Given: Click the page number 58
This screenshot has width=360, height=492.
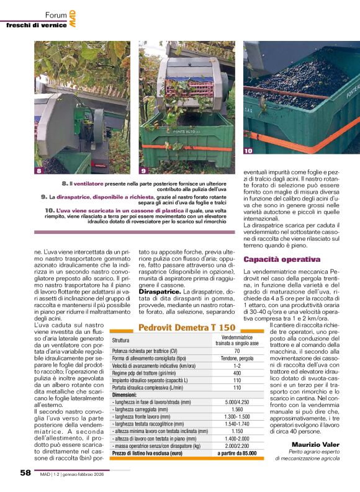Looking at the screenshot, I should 25,472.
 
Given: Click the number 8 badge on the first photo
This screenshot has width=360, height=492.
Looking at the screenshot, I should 38,169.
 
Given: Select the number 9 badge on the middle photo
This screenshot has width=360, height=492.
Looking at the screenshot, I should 143,169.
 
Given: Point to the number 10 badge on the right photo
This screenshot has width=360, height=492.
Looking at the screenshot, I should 248,151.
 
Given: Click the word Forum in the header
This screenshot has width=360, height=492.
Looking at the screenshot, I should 56,14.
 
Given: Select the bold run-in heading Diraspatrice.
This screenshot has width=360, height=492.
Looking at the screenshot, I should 160,290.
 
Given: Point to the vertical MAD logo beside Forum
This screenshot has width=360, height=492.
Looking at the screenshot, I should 73,14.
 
